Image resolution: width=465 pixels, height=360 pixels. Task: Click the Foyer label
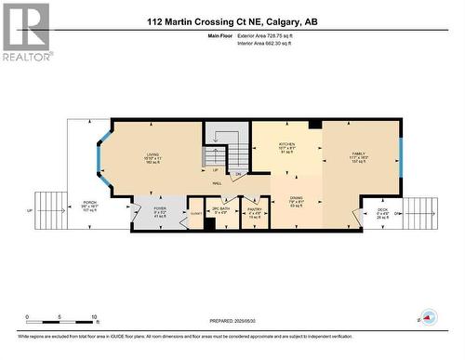[x=160, y=212]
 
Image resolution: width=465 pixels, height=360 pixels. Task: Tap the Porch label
[x=90, y=207]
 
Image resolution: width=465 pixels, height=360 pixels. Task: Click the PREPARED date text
[x=231, y=322]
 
